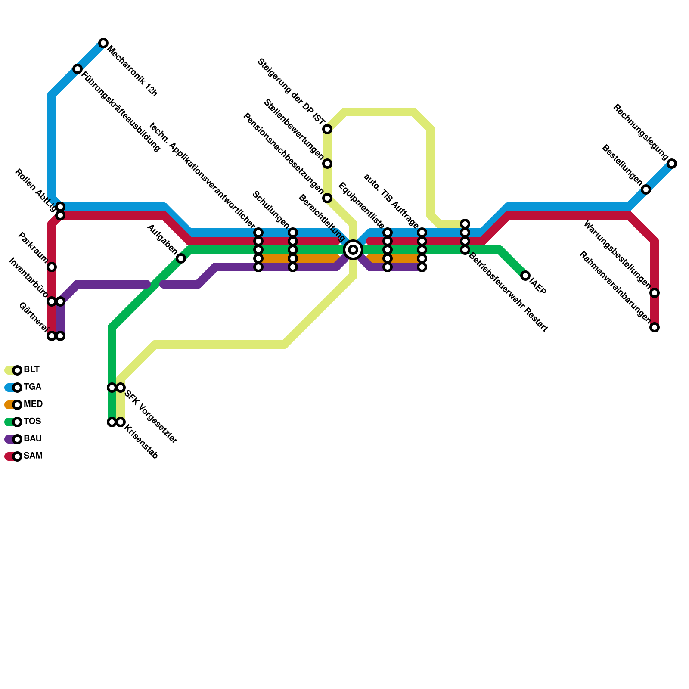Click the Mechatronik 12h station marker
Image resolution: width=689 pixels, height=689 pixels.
click(x=103, y=43)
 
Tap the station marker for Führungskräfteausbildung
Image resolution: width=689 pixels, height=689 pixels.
click(x=78, y=69)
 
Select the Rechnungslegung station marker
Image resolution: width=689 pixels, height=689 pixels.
click(x=672, y=164)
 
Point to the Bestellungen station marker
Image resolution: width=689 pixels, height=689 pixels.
click(x=646, y=189)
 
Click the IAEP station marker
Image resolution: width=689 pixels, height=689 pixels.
click(x=525, y=276)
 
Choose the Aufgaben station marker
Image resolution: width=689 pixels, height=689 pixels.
click(x=181, y=258)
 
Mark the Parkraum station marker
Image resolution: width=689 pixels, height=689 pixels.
click(x=52, y=267)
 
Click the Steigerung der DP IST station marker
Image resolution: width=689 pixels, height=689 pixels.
click(x=327, y=129)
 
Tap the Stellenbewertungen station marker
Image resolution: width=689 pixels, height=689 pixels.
click(x=327, y=164)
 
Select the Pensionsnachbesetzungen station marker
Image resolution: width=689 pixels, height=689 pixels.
click(x=327, y=198)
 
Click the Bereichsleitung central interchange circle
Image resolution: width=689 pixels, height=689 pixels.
click(x=353, y=250)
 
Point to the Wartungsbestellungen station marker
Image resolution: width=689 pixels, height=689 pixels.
click(x=655, y=293)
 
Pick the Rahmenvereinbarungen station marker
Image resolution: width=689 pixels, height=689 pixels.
click(x=655, y=327)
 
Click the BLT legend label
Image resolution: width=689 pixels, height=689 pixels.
click(x=31, y=370)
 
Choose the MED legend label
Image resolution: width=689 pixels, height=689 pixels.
click(x=33, y=404)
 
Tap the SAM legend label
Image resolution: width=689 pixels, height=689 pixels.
click(x=33, y=456)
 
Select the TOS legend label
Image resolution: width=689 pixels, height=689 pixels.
click(x=32, y=422)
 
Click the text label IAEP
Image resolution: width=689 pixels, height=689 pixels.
click(x=538, y=287)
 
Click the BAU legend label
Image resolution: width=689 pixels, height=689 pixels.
click(x=32, y=439)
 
